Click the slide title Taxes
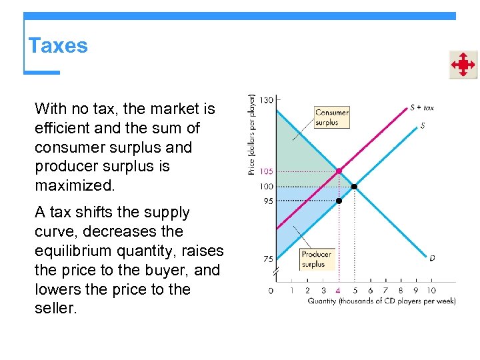point(58,46)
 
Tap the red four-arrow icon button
point(463,65)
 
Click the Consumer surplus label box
point(332,117)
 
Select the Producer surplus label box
point(316,259)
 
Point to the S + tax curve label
point(421,107)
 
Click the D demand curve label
point(432,258)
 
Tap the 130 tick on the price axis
point(266,100)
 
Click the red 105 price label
point(266,171)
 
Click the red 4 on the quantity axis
point(338,290)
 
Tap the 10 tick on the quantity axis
point(431,290)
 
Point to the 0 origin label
point(271,290)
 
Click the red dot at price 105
point(339,171)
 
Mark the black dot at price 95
point(339,201)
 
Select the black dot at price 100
point(354,186)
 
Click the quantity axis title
point(381,301)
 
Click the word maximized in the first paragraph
point(75,185)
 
